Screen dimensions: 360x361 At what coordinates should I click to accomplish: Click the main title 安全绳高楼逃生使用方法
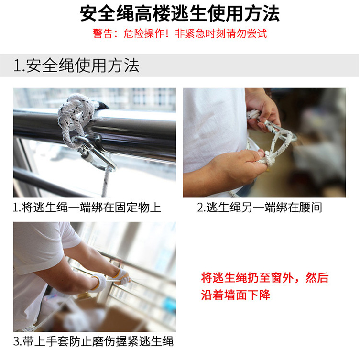[x=180, y=14]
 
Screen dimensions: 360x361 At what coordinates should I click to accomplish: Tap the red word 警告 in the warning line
[x=103, y=33]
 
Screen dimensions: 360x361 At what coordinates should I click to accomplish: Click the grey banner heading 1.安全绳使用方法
[x=76, y=66]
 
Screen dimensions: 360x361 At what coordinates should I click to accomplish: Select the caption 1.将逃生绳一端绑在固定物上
[x=87, y=208]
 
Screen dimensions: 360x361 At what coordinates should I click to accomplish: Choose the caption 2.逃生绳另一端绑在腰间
[x=260, y=208]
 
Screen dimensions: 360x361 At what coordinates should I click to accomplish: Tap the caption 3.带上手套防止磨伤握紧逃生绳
[x=93, y=341]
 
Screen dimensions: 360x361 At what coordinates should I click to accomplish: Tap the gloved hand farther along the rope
[x=121, y=277]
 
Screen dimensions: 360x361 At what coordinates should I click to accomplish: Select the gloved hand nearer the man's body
[x=98, y=283]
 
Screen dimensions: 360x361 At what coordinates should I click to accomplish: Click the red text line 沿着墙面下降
[x=236, y=295]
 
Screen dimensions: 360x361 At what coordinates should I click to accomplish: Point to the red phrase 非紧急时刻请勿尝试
[x=221, y=33]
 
